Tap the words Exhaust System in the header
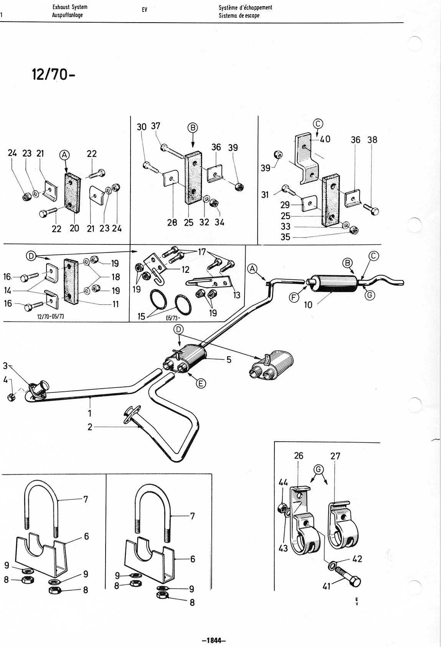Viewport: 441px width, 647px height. pyautogui.click(x=70, y=7)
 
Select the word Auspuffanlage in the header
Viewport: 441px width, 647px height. pyautogui.click(x=67, y=15)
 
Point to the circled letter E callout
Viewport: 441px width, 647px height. pyautogui.click(x=201, y=384)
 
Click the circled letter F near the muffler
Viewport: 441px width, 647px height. pyautogui.click(x=294, y=297)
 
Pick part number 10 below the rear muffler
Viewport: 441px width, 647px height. pyautogui.click(x=308, y=305)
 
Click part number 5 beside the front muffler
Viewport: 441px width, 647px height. pyautogui.click(x=229, y=360)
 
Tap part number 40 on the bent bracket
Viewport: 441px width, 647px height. pyautogui.click(x=325, y=139)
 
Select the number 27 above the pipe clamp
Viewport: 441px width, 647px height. pyautogui.click(x=335, y=456)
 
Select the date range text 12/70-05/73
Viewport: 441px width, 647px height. pyautogui.click(x=51, y=316)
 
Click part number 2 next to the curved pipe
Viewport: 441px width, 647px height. pyautogui.click(x=90, y=427)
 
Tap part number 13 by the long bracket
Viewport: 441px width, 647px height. pyautogui.click(x=237, y=295)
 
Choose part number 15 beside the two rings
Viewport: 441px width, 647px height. pyautogui.click(x=141, y=316)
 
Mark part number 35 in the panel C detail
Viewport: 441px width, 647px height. pyautogui.click(x=285, y=237)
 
